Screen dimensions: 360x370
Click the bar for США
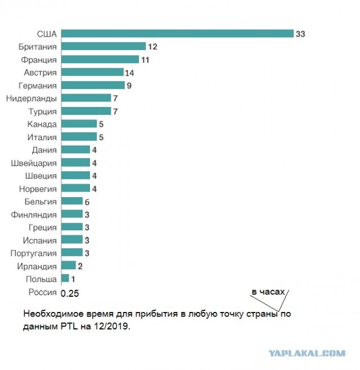pyautogui.click(x=177, y=33)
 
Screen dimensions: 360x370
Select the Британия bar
pyautogui.click(x=103, y=46)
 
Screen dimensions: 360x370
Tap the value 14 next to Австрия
pyautogui.click(x=129, y=73)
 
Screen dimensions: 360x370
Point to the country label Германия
pyautogui.click(x=38, y=86)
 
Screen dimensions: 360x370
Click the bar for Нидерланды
pyautogui.click(x=86, y=98)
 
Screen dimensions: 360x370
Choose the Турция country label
pyautogui.click(x=43, y=112)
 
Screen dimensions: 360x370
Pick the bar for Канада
pyautogui.click(x=79, y=124)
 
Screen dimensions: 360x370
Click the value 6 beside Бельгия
pyautogui.click(x=87, y=202)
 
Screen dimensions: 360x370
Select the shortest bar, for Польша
pyautogui.click(x=65, y=278)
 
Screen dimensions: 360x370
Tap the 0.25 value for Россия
pyautogui.click(x=70, y=293)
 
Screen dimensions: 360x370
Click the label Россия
pyautogui.click(x=43, y=292)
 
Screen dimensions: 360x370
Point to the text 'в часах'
pyautogui.click(x=268, y=292)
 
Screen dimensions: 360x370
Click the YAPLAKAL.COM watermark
pyautogui.click(x=307, y=353)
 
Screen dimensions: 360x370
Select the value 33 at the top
pyautogui.click(x=300, y=34)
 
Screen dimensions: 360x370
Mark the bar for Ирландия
pyautogui.click(x=69, y=265)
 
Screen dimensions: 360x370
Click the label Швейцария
pyautogui.click(x=34, y=163)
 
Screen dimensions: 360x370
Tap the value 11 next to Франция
pyautogui.click(x=145, y=60)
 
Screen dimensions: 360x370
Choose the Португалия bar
pyautogui.click(x=72, y=252)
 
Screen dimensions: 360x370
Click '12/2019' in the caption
pyautogui.click(x=112, y=326)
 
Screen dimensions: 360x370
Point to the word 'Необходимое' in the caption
pyautogui.click(x=53, y=314)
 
